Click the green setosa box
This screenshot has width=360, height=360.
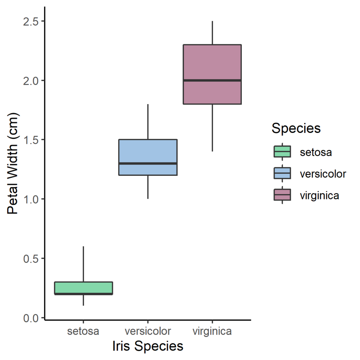pos(83,287)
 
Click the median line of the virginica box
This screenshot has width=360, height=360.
pos(212,80)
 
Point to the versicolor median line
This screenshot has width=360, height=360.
pos(148,163)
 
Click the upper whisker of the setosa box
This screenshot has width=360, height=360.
pos(83,264)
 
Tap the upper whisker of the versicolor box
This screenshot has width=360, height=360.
pos(148,122)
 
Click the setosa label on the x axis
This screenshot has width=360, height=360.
pos(83,331)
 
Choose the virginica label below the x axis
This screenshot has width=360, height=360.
pos(212,331)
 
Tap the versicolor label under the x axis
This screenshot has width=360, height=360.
pos(148,331)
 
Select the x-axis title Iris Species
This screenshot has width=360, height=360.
pos(148,346)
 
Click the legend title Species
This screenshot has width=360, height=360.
pos(296,128)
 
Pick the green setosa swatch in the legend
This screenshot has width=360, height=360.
pos(282,152)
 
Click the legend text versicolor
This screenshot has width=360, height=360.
pos(323,174)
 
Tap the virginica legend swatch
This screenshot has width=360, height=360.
pos(282,195)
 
